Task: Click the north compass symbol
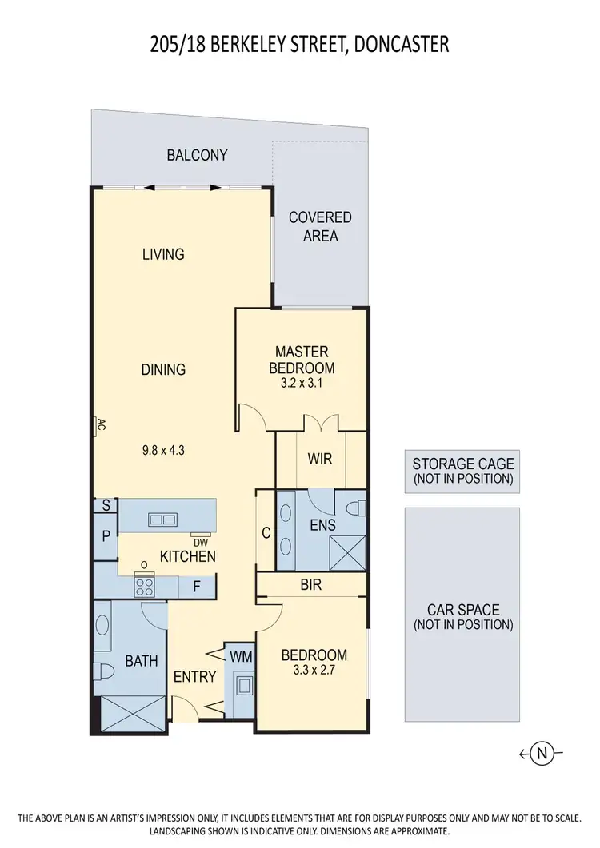(x=542, y=753)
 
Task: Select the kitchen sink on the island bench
(x=162, y=520)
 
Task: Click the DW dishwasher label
(x=200, y=542)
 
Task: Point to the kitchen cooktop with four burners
(x=145, y=587)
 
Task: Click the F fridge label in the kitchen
(x=195, y=587)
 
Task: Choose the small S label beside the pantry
(x=106, y=505)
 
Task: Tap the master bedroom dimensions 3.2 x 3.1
(x=304, y=384)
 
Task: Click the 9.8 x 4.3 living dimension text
(x=163, y=450)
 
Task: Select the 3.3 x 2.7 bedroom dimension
(x=314, y=671)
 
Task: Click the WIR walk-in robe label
(x=320, y=460)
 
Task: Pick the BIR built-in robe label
(x=311, y=585)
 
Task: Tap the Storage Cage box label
(x=463, y=471)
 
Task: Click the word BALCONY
(x=197, y=155)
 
